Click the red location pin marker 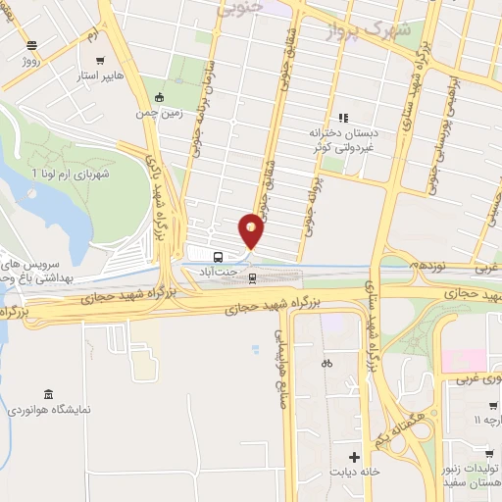pos(252,228)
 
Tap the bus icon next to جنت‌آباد pos(218,260)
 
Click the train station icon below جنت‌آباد pos(253,277)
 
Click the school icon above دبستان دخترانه pos(343,118)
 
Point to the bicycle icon pos(326,363)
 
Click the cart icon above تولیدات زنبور pos(491,405)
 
